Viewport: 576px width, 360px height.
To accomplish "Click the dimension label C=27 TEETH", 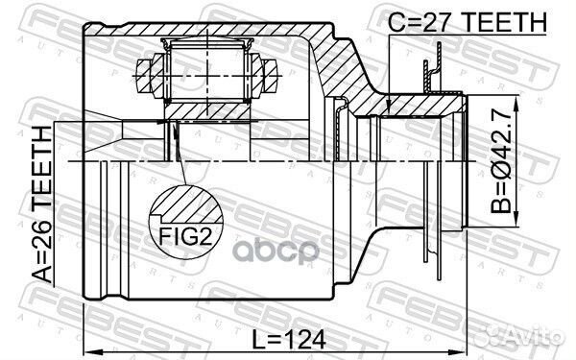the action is click(468, 22).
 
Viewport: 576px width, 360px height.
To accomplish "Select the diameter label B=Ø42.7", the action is click(501, 161).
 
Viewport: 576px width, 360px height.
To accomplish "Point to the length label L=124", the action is click(290, 339).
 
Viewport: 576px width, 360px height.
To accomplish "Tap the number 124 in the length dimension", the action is click(304, 339).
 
